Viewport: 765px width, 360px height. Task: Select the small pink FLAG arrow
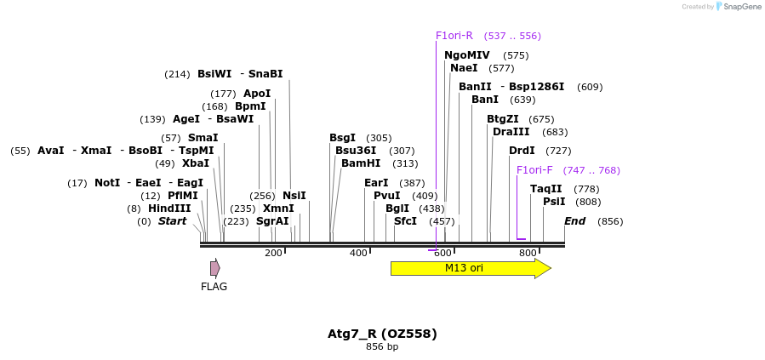click(x=215, y=268)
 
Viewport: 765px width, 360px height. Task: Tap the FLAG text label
click(x=214, y=287)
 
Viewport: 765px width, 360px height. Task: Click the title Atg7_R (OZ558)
click(x=382, y=334)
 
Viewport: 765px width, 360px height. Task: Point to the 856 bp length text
click(x=382, y=347)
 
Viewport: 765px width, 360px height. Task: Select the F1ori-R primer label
click(x=454, y=36)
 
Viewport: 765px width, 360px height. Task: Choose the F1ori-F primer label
click(x=534, y=170)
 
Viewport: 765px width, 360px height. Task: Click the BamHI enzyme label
click(x=361, y=163)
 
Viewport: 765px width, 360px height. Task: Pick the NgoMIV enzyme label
click(x=467, y=55)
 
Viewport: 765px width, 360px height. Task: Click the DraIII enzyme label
click(x=511, y=132)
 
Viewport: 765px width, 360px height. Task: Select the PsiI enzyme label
click(x=554, y=202)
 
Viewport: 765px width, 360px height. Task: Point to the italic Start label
click(x=172, y=221)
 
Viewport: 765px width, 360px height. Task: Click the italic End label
click(x=575, y=221)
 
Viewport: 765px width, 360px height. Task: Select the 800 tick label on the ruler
click(x=528, y=253)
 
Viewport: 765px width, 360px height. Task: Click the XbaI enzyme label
click(x=195, y=163)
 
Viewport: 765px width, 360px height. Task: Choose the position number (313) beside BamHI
click(x=405, y=163)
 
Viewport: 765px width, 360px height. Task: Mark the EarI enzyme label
click(x=376, y=183)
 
